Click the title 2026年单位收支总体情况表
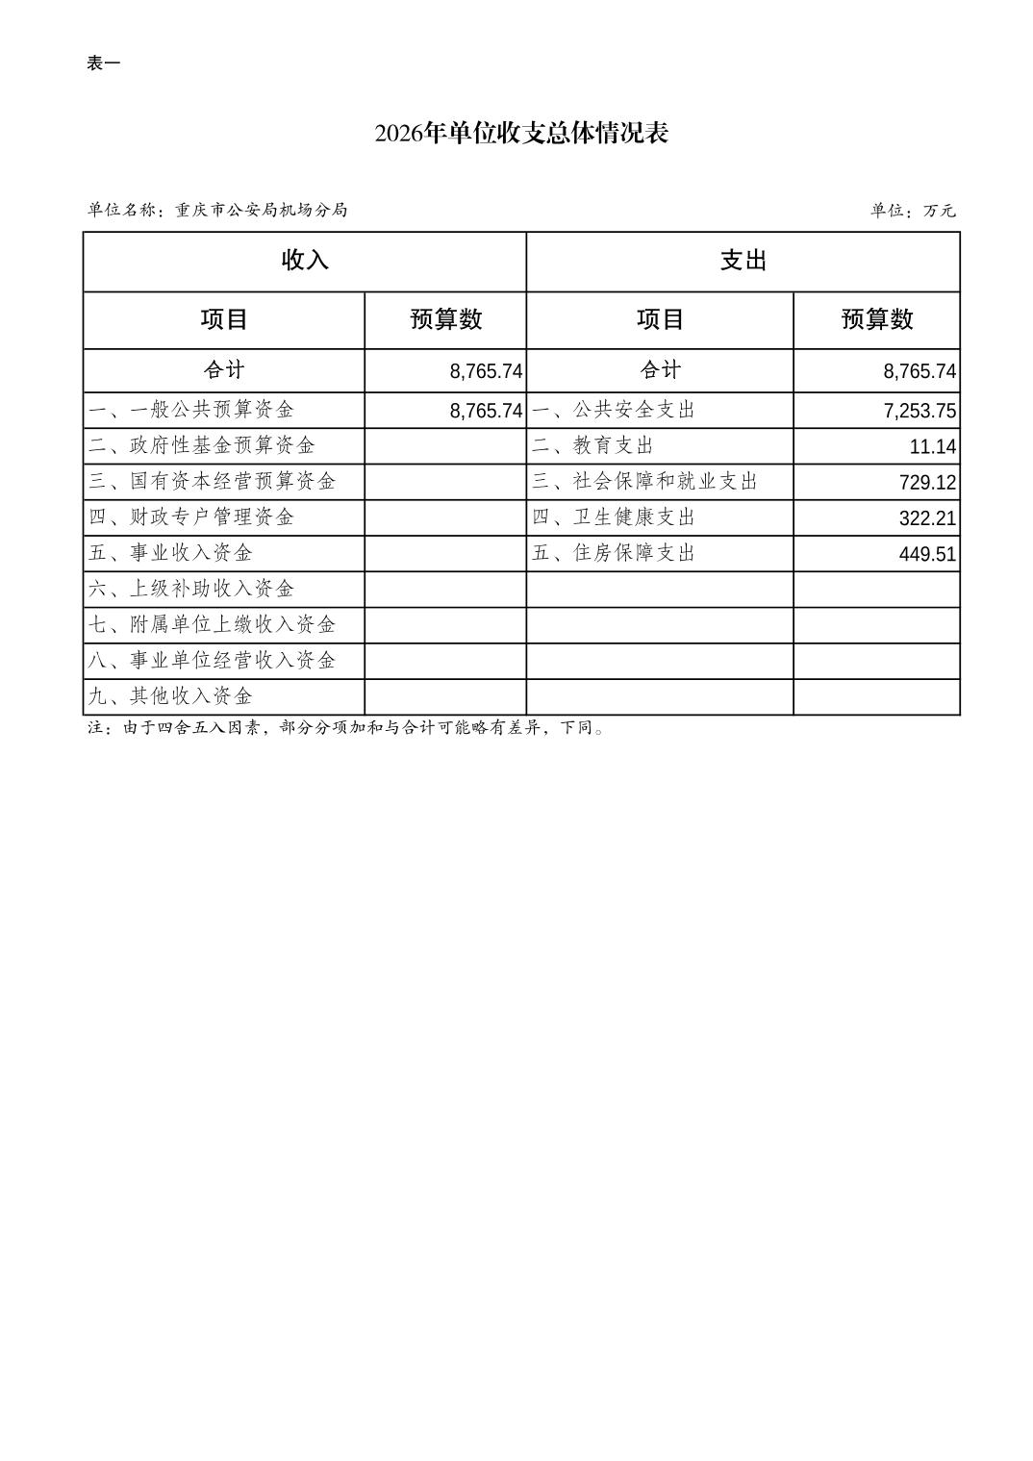point(521,133)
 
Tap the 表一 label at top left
point(103,63)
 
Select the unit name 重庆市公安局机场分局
point(261,210)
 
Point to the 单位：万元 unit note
point(913,211)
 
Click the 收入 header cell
point(304,261)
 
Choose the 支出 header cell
point(743,261)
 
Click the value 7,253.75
point(920,411)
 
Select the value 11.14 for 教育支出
point(932,446)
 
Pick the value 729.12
point(927,482)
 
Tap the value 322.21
point(927,517)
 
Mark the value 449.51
point(927,553)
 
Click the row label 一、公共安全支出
point(614,410)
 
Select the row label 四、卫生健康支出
point(614,517)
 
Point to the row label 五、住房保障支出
point(614,553)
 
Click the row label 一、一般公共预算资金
point(191,410)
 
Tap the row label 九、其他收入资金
point(170,695)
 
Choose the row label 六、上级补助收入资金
point(191,589)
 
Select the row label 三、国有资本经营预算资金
point(213,481)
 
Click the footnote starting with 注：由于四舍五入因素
point(346,728)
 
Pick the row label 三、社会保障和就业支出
point(645,481)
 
